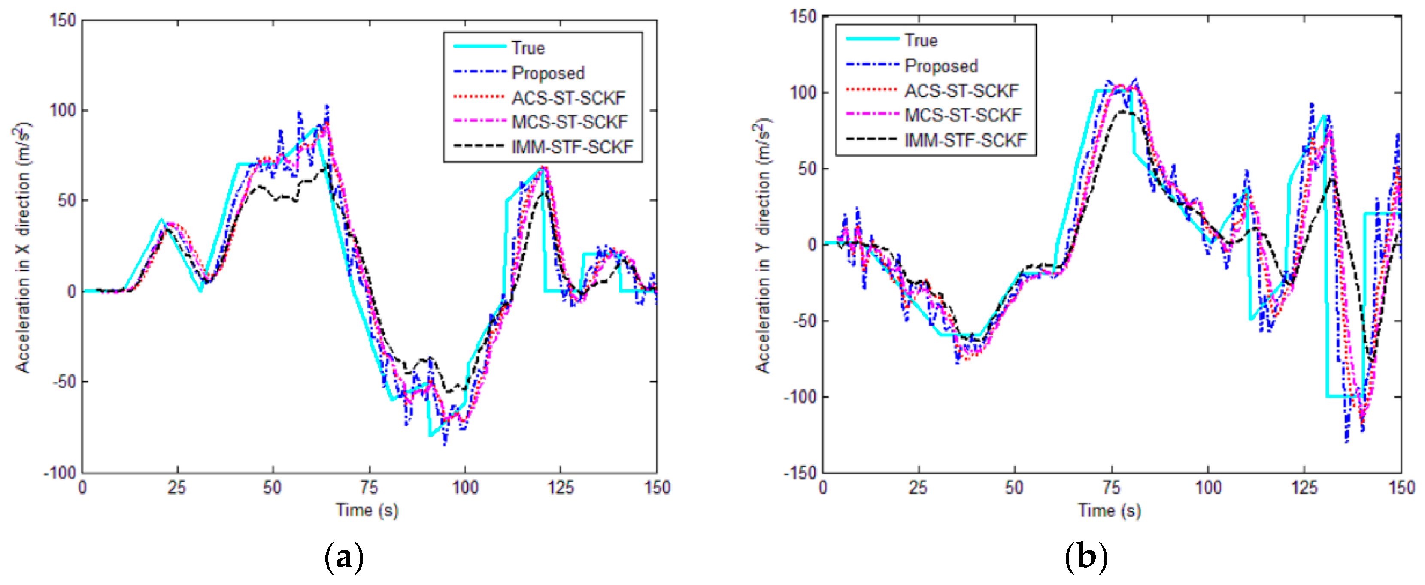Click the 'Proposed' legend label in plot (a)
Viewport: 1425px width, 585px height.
point(548,73)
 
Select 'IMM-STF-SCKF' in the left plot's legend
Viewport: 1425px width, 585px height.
point(572,147)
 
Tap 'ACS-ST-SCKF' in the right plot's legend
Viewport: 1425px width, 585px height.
point(961,90)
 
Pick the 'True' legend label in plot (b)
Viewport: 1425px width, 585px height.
point(921,40)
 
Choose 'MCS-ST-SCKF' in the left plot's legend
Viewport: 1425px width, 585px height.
point(570,122)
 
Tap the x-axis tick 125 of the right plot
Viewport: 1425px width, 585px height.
point(1304,488)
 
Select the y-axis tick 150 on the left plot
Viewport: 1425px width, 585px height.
point(63,21)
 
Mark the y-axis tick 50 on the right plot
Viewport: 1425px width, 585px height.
point(807,169)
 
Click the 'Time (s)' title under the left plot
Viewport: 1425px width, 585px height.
point(367,510)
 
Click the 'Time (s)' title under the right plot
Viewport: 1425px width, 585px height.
point(1109,510)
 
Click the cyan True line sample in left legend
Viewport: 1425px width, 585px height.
point(479,46)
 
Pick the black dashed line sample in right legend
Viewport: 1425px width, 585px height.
point(872,139)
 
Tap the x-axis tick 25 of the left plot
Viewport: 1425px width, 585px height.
point(177,488)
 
